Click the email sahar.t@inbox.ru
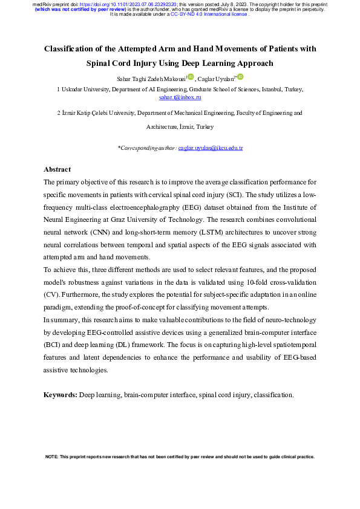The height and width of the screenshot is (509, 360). click(x=180, y=97)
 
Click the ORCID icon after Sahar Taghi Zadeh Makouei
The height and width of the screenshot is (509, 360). click(x=191, y=77)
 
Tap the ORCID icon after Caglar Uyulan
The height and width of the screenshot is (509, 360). click(x=240, y=77)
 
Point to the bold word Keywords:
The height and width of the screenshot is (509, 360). click(x=61, y=394)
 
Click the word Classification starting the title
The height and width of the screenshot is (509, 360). click(x=76, y=48)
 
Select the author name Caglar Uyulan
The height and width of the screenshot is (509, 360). click(x=217, y=79)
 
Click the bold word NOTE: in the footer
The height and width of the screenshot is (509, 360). click(x=53, y=457)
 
